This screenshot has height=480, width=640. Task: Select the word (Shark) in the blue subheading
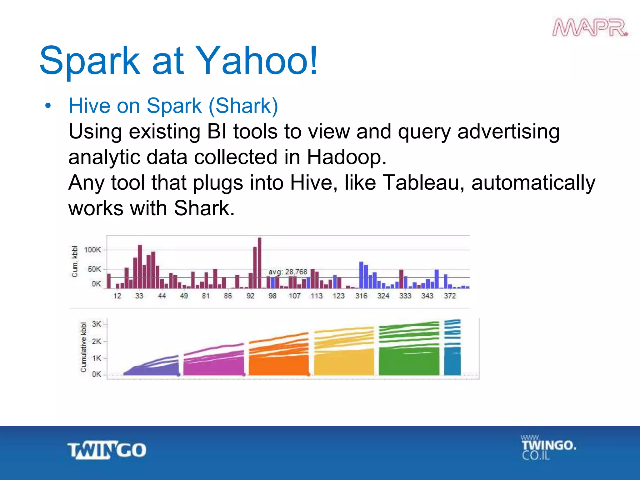243,106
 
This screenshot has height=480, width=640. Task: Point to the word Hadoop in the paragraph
346,157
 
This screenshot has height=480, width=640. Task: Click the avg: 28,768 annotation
288,272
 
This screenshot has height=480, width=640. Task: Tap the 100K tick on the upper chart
92,250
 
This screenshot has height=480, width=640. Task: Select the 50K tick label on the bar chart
94,269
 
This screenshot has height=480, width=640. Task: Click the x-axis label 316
361,296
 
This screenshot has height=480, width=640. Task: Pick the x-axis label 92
250,296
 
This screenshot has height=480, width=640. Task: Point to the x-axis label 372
450,296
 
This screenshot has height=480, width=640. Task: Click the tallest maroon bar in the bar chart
259,262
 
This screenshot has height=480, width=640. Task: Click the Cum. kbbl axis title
75,261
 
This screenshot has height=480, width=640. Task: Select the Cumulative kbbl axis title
83,347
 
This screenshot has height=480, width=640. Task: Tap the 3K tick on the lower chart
97,324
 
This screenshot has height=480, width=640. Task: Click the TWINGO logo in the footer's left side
107,450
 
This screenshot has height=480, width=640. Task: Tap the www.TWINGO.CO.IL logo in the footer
548,447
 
